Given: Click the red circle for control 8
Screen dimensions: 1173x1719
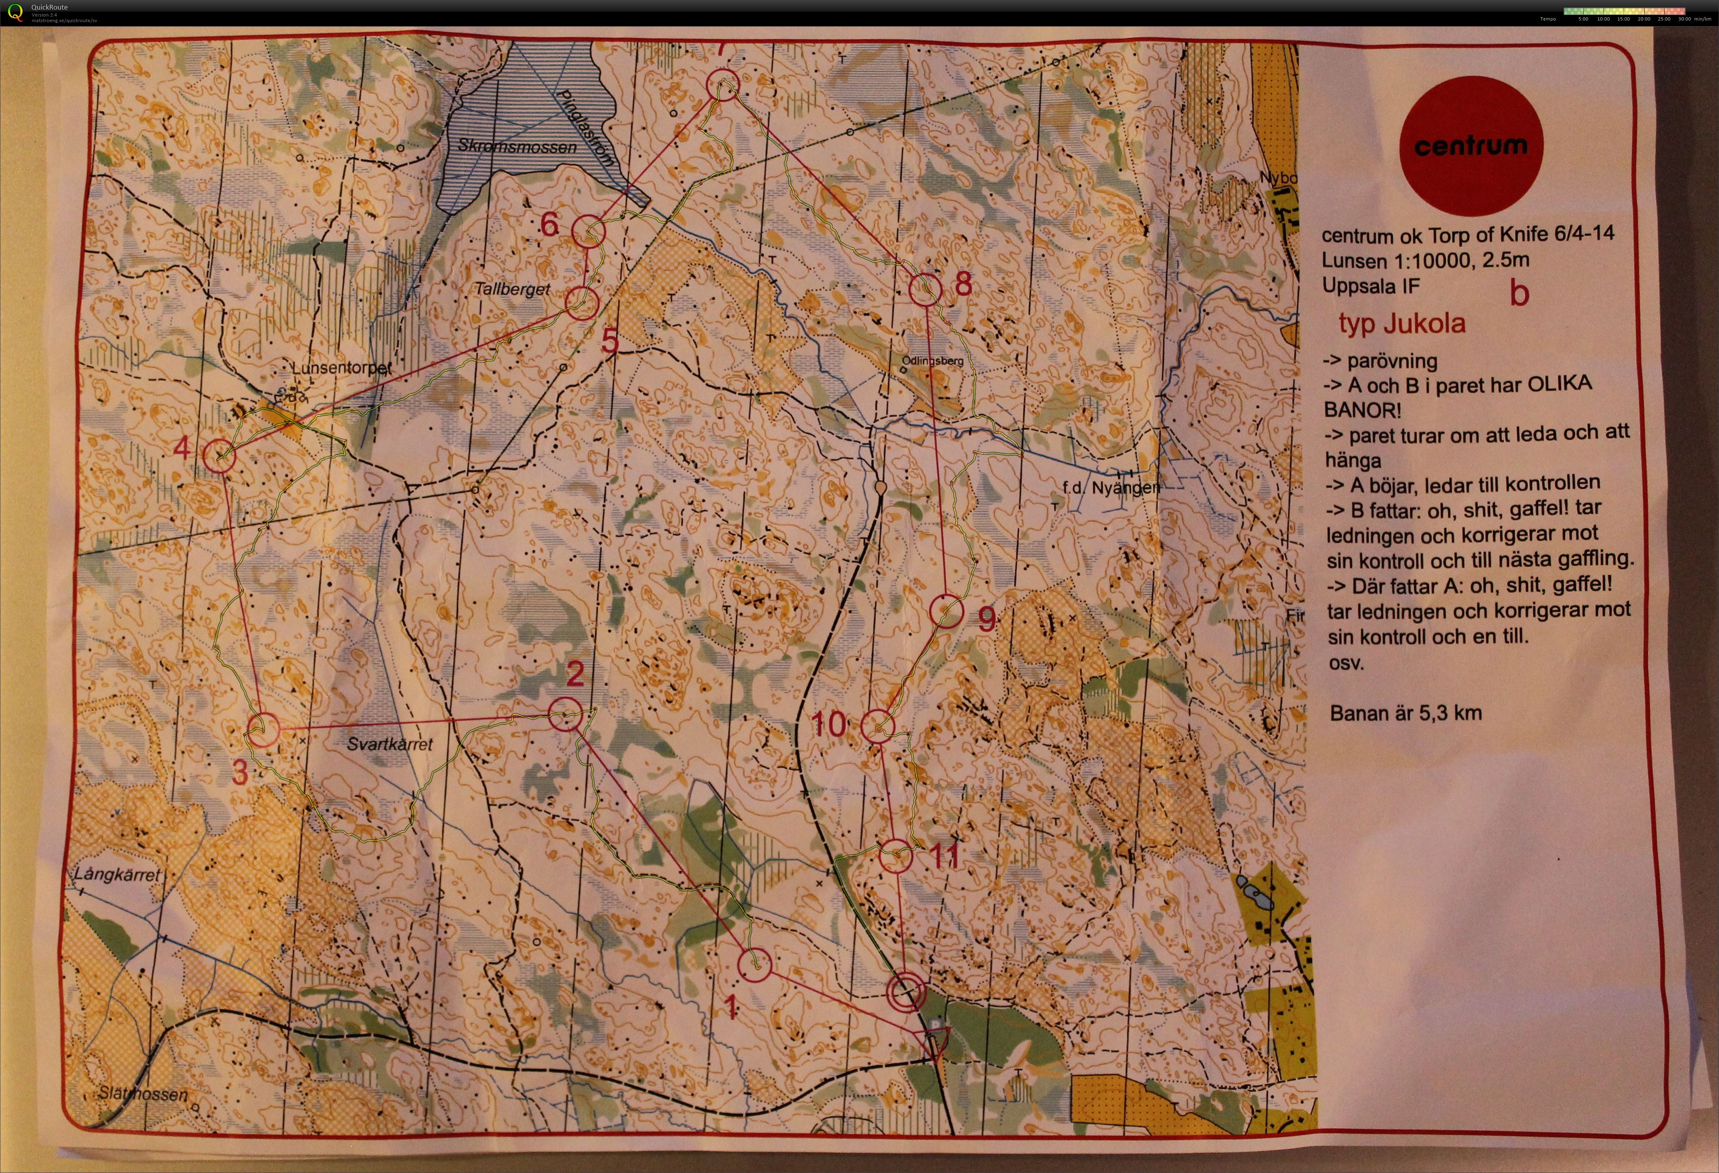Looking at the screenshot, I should coord(925,289).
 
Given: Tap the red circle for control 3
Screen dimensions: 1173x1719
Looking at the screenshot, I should coord(263,730).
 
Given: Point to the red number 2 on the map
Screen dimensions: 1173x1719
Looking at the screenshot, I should coord(575,674).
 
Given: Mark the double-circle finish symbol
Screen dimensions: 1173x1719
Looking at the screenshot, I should coord(906,992).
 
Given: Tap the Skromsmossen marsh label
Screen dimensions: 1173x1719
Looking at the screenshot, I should coord(517,146).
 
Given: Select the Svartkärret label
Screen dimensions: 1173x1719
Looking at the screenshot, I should coord(390,744).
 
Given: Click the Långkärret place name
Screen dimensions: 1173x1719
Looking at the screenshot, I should coord(117,874).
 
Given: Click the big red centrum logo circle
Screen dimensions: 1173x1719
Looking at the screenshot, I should coord(1470,146).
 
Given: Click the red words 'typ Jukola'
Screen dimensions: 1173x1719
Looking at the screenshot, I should coord(1402,324).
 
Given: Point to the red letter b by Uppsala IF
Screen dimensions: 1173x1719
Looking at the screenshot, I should coord(1519,293).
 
